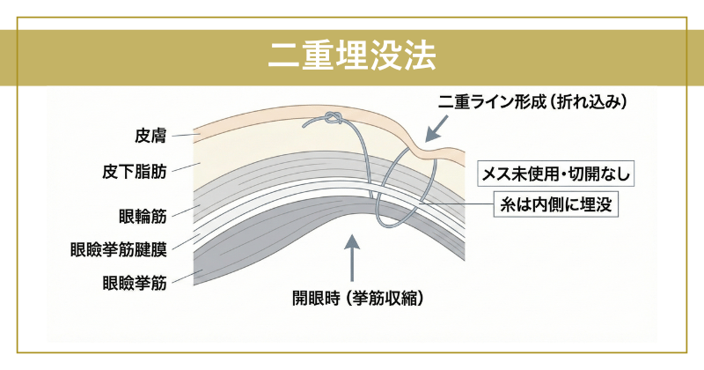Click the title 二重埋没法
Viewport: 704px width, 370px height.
pos(351,58)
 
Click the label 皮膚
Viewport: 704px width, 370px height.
pos(150,136)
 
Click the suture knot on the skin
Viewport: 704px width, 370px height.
pos(332,119)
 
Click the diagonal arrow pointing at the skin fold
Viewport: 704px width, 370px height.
pos(435,129)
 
